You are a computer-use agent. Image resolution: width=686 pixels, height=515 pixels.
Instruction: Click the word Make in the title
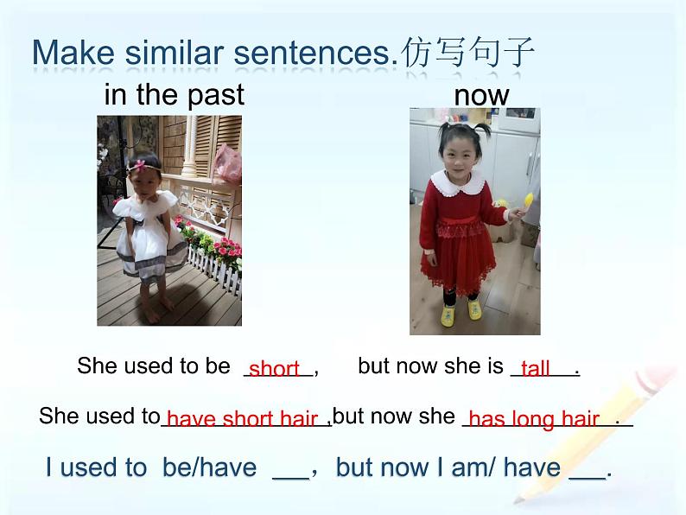click(73, 53)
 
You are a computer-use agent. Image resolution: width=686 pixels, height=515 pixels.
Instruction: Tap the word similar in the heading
click(175, 53)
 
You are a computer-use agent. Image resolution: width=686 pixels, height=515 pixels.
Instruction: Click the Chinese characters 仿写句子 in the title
click(467, 52)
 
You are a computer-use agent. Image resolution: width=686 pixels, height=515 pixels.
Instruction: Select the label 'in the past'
click(175, 94)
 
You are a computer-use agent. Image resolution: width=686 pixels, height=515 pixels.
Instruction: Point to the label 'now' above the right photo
click(482, 96)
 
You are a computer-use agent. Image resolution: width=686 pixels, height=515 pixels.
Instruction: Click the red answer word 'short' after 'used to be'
click(274, 368)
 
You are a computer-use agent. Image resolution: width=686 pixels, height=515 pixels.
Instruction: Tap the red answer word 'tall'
click(536, 368)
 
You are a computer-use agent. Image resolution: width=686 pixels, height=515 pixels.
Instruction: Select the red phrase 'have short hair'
click(242, 419)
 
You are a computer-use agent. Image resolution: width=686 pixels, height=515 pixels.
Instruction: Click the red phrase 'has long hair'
click(534, 419)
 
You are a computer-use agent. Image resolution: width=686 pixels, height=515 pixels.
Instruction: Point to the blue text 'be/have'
click(210, 467)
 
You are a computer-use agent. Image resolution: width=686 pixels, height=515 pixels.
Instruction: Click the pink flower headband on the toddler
click(140, 166)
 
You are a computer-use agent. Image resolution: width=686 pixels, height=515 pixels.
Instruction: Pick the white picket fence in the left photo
click(214, 268)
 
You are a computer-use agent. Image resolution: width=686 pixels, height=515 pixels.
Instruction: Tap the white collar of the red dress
click(457, 182)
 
